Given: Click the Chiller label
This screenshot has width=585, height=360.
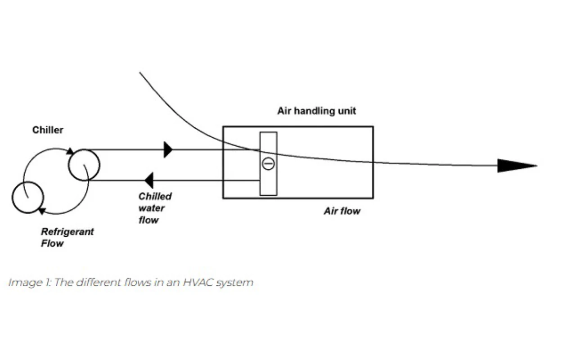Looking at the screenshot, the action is point(48,130).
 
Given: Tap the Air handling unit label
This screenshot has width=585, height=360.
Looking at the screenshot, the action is point(316,111).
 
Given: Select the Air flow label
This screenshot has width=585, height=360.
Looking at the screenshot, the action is point(342,211).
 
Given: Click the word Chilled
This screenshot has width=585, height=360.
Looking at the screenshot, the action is point(155,196).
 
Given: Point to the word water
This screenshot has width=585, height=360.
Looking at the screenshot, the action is point(152,208).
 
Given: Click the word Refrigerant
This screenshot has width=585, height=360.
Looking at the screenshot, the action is point(67,232).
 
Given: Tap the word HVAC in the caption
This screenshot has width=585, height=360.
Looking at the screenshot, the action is point(198,283).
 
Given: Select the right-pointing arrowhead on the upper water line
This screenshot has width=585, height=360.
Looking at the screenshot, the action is point(168,150).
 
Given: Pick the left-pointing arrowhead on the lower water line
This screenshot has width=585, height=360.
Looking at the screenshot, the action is point(149,180).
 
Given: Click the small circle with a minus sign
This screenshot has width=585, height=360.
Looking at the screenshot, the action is point(268,164).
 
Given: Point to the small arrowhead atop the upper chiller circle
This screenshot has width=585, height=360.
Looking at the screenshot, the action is point(70,151).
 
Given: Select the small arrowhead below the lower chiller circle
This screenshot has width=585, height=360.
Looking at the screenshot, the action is point(42,211).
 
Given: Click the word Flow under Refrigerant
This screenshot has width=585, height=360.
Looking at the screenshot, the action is point(52,243).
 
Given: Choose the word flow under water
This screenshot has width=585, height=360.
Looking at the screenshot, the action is point(148,220).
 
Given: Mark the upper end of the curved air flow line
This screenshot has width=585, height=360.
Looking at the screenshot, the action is point(139,72).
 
